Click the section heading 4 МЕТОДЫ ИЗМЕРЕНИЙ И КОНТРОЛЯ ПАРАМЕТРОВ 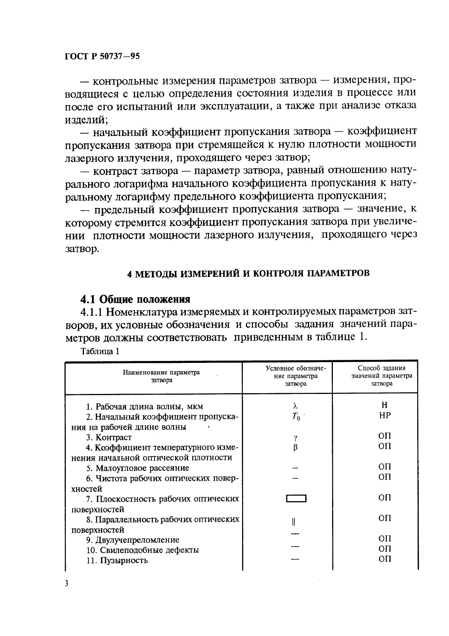(248, 274)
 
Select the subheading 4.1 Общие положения (135, 299)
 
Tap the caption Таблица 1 (100, 351)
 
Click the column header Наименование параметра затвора (161, 376)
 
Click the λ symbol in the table (295, 406)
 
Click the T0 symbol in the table (296, 417)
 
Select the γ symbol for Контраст (295, 438)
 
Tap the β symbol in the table (295, 447)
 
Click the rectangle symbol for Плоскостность (296, 498)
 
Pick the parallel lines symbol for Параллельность (294, 522)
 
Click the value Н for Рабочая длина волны (385, 405)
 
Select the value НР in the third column (385, 415)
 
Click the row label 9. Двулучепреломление (132, 540)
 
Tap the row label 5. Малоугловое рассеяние (137, 468)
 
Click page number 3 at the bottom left (67, 584)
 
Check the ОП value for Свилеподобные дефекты (385, 548)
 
